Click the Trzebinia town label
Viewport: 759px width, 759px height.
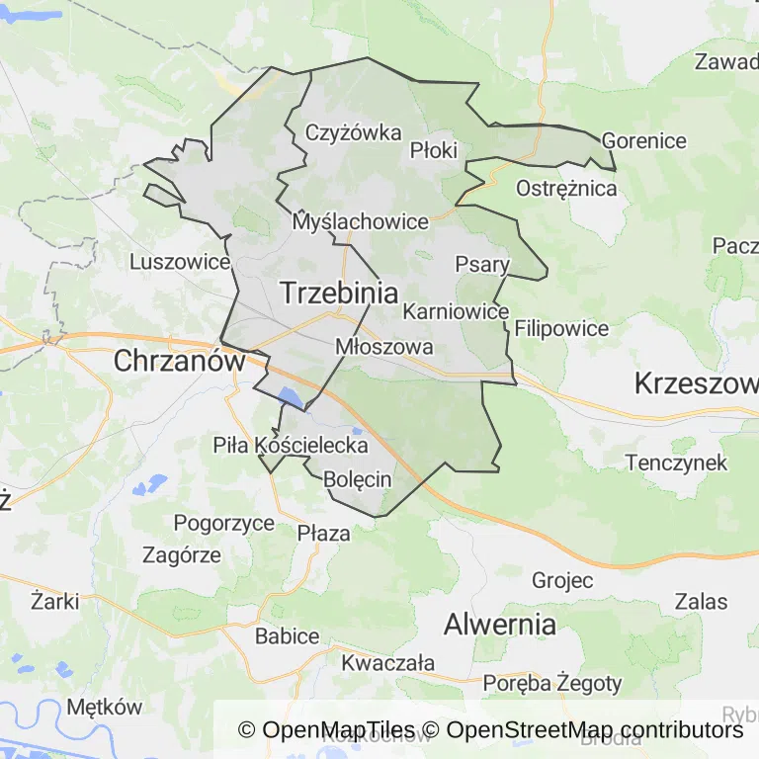pyautogui.click(x=339, y=294)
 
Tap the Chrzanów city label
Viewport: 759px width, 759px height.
pyautogui.click(x=179, y=361)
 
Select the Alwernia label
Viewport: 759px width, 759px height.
pyautogui.click(x=499, y=624)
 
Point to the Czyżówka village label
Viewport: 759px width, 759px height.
pyautogui.click(x=353, y=133)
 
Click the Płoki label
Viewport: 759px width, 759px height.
pyautogui.click(x=434, y=150)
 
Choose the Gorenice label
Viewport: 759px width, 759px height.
pyautogui.click(x=643, y=140)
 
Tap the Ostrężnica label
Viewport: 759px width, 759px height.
pyautogui.click(x=567, y=188)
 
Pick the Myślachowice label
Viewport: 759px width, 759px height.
pyautogui.click(x=361, y=222)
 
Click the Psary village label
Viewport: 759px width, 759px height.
pyautogui.click(x=482, y=264)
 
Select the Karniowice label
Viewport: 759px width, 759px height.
pyautogui.click(x=456, y=311)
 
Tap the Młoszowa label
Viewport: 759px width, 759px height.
pyautogui.click(x=384, y=347)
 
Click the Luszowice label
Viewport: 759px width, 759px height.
pyautogui.click(x=180, y=262)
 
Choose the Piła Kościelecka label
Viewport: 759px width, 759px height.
pyautogui.click(x=291, y=446)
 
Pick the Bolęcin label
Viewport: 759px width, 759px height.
pyautogui.click(x=358, y=479)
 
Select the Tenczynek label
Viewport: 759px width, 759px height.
pyautogui.click(x=676, y=462)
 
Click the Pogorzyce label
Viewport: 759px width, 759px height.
pyautogui.click(x=224, y=523)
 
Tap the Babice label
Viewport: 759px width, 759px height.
pyautogui.click(x=287, y=635)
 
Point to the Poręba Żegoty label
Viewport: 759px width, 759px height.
pyautogui.click(x=552, y=683)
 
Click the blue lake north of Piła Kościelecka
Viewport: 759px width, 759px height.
pyautogui.click(x=290, y=397)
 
